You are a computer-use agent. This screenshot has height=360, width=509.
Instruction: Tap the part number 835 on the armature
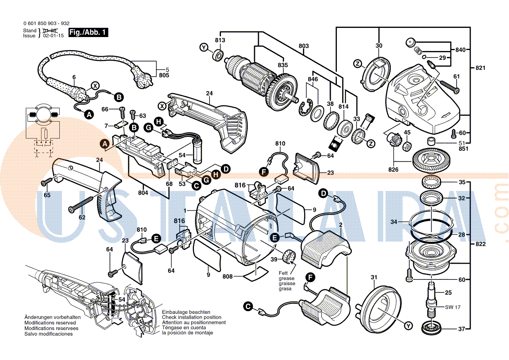point(283,65)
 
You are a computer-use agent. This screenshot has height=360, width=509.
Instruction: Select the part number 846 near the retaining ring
point(312,79)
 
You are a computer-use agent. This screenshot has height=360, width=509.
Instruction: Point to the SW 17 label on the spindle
point(453,307)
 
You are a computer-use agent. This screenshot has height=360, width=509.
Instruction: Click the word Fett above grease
point(283,273)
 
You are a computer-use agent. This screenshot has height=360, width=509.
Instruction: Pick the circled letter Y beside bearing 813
point(204,48)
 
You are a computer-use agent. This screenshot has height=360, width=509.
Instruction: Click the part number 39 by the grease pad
point(274,259)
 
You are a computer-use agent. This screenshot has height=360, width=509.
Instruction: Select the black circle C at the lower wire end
point(248,307)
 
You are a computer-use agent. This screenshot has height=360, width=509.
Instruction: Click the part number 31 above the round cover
point(373,277)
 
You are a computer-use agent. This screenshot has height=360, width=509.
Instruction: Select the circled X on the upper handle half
point(162,105)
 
